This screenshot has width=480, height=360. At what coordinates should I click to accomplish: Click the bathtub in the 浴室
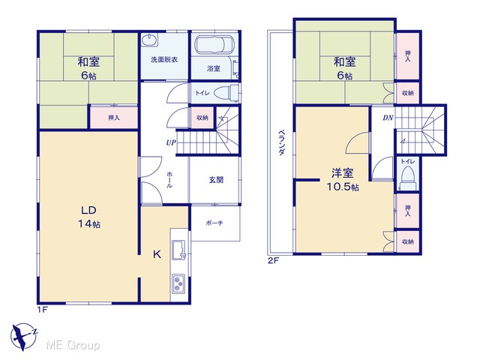[214, 45]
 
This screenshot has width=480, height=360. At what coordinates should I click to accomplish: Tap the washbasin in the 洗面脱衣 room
[150, 40]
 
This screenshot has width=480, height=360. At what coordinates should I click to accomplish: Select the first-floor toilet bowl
[226, 93]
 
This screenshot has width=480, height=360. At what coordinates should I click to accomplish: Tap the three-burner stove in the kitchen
[178, 283]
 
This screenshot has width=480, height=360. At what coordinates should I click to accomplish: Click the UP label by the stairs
[171, 142]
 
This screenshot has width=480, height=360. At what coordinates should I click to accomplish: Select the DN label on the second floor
[388, 118]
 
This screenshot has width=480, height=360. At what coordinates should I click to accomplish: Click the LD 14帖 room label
[88, 217]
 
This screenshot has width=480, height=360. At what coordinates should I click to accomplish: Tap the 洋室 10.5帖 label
[343, 180]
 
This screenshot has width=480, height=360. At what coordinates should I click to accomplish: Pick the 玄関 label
[216, 180]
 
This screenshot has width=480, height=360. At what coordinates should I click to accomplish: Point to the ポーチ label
[214, 223]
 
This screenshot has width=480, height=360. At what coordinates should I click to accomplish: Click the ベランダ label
[282, 142]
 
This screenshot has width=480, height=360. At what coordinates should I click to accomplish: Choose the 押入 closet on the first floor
[114, 118]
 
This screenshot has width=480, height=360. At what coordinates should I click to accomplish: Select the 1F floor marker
[43, 310]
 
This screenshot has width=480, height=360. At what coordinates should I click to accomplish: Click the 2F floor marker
[273, 260]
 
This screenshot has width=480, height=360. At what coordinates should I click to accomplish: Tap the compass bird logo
[23, 337]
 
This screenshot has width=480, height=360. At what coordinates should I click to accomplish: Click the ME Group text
[73, 346]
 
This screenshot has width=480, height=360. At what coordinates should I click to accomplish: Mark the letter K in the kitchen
[157, 254]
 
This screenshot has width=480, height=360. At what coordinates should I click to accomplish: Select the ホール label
[169, 180]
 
